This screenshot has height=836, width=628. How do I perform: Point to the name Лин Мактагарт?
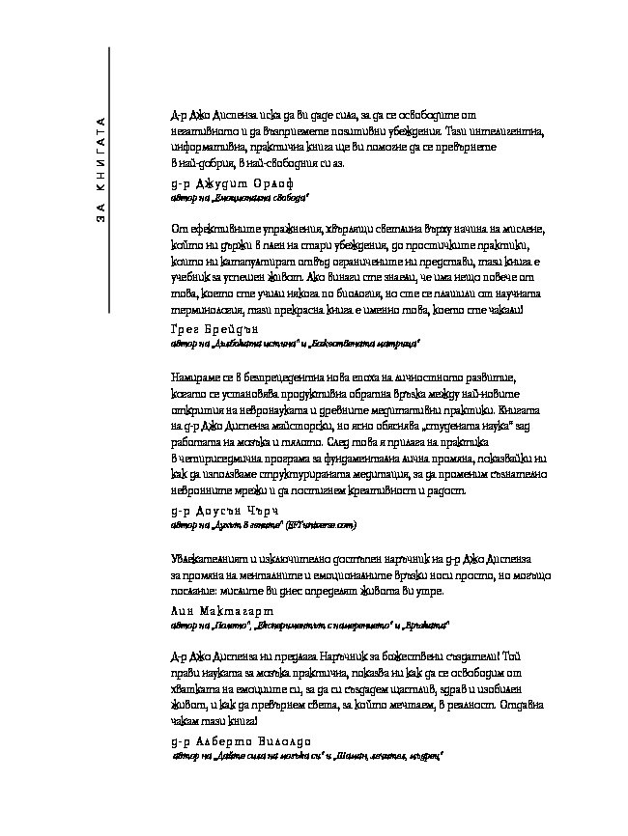tap(220, 611)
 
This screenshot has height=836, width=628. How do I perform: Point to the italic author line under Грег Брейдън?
tap(295, 344)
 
